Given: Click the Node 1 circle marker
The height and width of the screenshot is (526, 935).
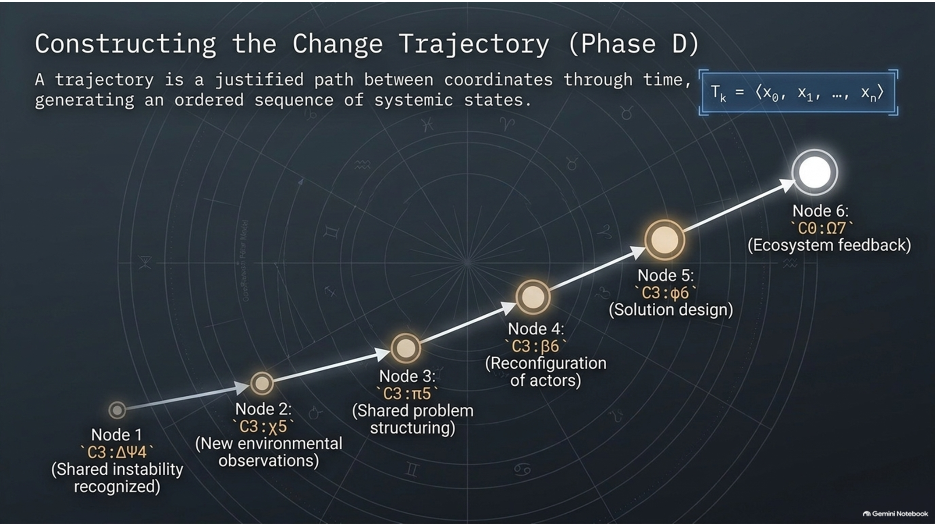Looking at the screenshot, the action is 117,410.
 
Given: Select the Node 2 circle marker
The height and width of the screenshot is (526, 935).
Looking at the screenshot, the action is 262,384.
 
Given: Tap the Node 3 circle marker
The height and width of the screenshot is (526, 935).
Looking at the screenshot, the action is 405,348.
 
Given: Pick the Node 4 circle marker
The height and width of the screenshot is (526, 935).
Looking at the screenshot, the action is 533,297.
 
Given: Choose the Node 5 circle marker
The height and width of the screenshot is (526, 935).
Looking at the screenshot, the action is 665,240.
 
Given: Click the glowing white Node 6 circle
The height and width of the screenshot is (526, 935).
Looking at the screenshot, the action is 815,172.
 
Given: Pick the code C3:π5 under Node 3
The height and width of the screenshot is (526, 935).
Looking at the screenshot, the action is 407,394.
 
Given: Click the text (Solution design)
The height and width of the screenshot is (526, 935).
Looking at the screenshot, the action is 671,310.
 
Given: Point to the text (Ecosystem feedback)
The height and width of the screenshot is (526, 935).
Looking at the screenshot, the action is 829,245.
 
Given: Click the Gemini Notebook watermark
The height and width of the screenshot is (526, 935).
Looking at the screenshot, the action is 895,513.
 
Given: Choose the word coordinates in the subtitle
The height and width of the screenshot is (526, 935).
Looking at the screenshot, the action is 498,80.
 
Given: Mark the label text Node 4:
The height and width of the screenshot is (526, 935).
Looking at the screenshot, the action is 536,329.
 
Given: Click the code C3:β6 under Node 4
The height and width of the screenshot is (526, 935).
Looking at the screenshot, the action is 535,346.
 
